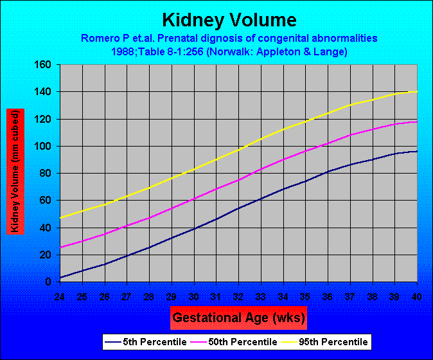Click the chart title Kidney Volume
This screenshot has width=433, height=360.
pos(220,19)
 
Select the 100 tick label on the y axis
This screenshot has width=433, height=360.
pos(43,147)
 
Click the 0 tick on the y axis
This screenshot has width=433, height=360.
pos(49,282)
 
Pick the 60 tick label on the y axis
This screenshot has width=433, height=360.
pos(46,201)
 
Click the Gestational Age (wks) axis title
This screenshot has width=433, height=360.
pos(238,317)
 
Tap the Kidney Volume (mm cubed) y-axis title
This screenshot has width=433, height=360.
pos(15,171)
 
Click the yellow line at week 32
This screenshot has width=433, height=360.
pos(238,150)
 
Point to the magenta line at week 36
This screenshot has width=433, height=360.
pos(328,143)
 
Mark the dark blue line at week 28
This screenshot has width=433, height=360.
pos(149,248)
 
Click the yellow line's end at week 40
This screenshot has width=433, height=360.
pos(417,91)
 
